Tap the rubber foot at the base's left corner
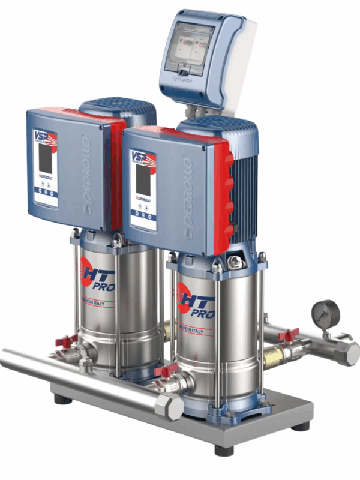[x=60, y=398]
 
